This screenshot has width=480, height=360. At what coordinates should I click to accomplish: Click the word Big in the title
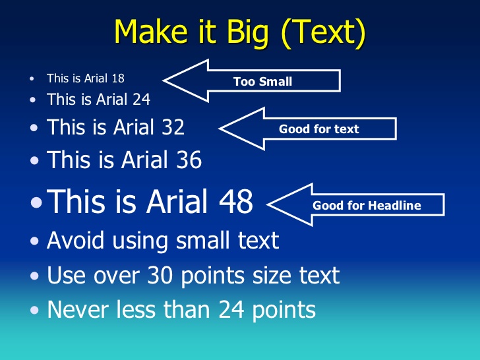[247, 33]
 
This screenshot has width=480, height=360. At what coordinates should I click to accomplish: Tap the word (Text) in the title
[323, 32]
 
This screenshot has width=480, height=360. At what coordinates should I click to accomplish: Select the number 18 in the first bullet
[118, 78]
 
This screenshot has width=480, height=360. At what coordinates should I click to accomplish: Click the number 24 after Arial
[141, 99]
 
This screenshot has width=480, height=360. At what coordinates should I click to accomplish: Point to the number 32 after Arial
[173, 127]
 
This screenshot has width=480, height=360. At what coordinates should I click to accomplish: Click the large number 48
[236, 201]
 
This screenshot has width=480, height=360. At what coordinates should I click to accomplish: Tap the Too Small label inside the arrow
[262, 82]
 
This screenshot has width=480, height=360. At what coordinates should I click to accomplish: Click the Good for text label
[318, 129]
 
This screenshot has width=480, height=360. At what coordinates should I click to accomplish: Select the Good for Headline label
[367, 205]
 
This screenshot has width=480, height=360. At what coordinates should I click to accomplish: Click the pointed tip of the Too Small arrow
[163, 80]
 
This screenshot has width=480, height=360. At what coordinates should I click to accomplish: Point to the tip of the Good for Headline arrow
[268, 204]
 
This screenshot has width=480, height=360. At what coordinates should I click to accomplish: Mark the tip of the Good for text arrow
[219, 129]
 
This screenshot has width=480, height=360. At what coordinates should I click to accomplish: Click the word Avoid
[75, 240]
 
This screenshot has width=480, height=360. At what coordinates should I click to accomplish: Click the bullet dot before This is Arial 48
[36, 202]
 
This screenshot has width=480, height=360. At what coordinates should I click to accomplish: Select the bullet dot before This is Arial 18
[32, 78]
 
